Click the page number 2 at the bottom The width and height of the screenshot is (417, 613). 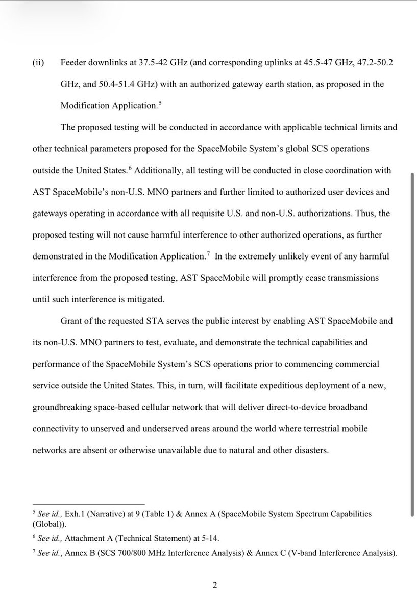tap(215, 585)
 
